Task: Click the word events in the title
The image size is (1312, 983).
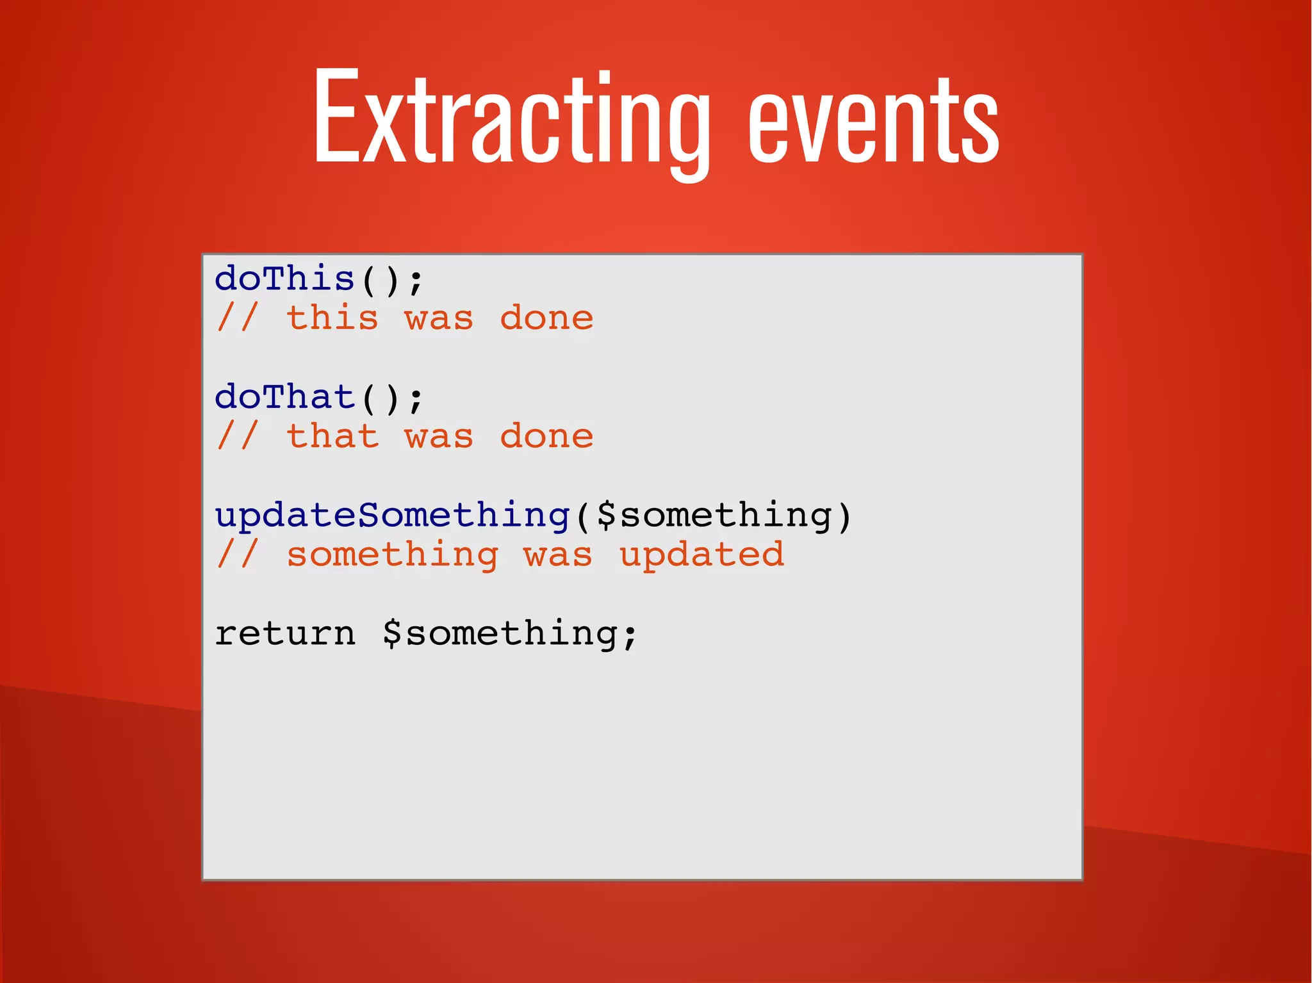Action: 873,122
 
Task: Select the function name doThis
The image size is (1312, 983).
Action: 284,280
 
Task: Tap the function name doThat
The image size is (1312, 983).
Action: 284,398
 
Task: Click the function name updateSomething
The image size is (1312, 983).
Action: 392,516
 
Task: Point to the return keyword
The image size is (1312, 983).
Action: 284,634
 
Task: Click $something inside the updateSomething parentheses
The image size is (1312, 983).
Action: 714,516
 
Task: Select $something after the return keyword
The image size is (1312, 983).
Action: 500,634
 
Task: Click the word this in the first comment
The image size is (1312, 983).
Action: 332,319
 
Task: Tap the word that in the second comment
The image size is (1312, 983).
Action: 332,437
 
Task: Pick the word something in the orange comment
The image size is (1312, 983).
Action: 392,555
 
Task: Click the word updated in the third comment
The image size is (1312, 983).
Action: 701,555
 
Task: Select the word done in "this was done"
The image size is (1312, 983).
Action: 546,319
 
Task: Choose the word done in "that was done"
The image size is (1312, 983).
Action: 546,437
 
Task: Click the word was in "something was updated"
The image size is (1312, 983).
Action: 558,555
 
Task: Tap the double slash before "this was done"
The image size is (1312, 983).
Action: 238,318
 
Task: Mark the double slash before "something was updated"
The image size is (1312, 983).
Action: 238,554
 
